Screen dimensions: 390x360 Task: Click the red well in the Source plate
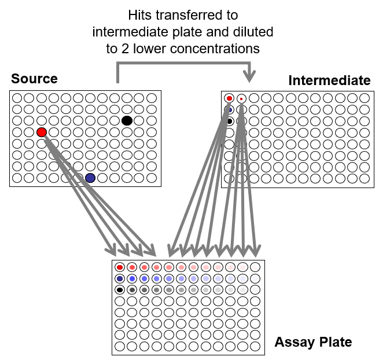[42, 132]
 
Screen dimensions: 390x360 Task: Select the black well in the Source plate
[127, 120]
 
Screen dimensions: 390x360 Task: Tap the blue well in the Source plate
[90, 178]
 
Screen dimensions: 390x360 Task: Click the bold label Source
[34, 79]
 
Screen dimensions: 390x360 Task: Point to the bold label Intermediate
[329, 80]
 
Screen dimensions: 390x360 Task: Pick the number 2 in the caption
[125, 49]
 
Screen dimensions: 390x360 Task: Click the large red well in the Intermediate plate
[229, 98]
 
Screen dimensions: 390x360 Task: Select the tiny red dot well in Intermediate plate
[241, 99]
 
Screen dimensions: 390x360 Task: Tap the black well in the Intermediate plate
[230, 121]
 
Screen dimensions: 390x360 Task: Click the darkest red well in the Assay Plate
[120, 267]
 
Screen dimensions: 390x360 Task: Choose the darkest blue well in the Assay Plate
[120, 278]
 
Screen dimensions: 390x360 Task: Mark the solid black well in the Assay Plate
[120, 290]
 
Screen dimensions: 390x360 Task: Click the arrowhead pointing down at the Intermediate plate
[249, 76]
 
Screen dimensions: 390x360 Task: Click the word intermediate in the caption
[130, 32]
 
